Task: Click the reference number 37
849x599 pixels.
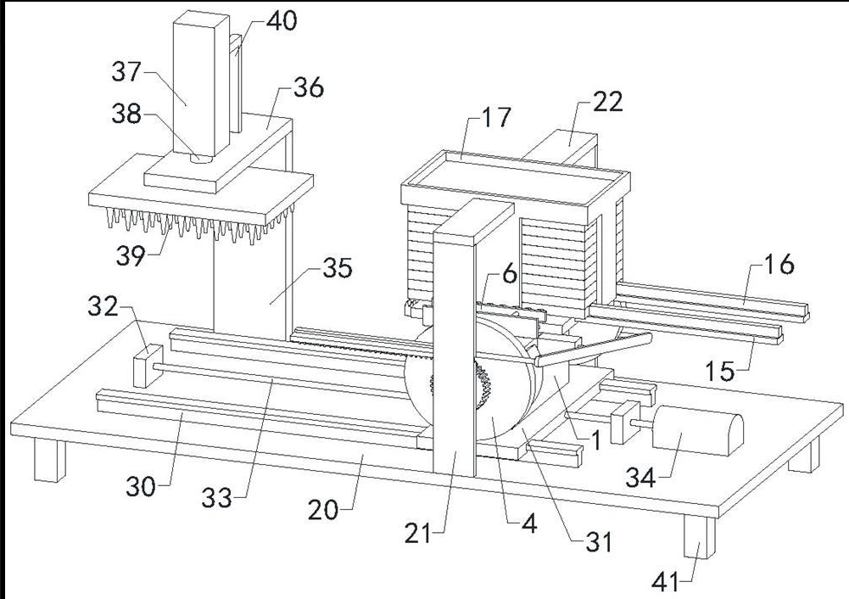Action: point(126,71)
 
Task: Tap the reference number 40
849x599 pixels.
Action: point(282,21)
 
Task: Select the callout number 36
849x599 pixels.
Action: point(309,87)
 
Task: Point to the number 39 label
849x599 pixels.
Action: point(131,255)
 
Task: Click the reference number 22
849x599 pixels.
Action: point(608,101)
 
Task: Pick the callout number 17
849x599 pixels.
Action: point(496,117)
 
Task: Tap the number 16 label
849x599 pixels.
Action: point(779,265)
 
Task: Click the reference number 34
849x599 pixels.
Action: point(641,478)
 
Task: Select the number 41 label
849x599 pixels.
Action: point(666,582)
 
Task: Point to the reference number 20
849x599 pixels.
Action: point(323,509)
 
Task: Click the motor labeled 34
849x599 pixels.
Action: point(698,434)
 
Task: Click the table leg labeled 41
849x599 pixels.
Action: point(699,536)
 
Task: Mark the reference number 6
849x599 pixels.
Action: point(510,275)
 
